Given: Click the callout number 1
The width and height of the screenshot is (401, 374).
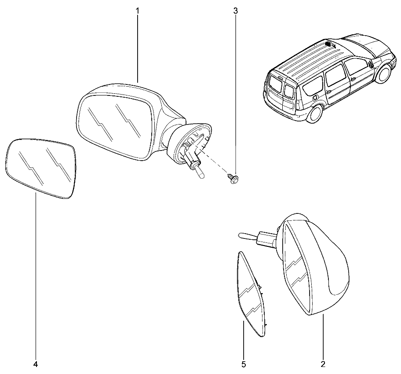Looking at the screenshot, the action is click(x=137, y=11).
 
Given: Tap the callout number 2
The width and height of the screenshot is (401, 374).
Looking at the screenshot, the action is click(x=323, y=364).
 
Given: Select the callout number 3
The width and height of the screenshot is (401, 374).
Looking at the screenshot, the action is click(x=235, y=11).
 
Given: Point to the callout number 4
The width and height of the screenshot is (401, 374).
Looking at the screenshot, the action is click(x=36, y=364).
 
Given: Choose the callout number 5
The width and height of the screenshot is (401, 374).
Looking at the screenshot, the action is click(x=244, y=364).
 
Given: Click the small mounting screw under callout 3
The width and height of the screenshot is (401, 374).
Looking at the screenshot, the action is click(x=233, y=178).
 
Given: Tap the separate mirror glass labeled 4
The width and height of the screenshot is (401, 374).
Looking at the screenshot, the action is click(x=41, y=169).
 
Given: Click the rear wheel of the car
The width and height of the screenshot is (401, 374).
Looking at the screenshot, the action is click(x=314, y=114).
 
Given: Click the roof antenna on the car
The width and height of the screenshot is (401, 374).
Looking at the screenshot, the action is click(x=330, y=44).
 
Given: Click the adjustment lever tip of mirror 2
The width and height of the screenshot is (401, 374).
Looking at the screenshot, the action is click(x=242, y=235).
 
